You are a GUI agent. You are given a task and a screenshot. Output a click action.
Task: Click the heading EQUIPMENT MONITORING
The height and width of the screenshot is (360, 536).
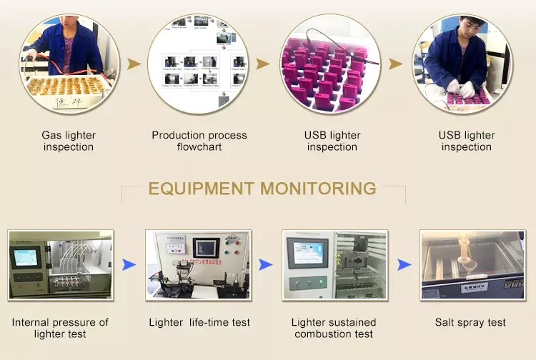[x=262, y=189]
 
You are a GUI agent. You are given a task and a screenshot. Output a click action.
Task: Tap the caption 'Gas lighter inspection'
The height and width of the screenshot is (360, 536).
[x=69, y=141]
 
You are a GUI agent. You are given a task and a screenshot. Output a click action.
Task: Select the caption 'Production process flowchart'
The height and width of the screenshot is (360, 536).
[x=199, y=141]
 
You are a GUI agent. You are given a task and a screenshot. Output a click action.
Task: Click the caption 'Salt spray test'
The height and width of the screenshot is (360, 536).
[x=470, y=322]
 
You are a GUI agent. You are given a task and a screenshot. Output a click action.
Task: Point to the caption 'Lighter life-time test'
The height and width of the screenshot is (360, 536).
[x=199, y=322]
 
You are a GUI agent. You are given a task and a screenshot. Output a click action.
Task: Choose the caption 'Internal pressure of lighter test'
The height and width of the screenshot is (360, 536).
[x=60, y=328]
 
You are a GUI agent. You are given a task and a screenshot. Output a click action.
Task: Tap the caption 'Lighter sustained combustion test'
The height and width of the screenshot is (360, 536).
[x=334, y=328]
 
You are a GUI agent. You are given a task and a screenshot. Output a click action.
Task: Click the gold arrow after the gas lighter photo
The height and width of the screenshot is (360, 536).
[x=134, y=64]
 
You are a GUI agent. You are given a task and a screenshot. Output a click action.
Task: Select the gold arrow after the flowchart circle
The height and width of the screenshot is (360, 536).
[x=263, y=64]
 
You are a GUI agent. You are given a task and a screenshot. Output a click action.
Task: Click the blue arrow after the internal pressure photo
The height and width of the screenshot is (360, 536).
[x=129, y=265]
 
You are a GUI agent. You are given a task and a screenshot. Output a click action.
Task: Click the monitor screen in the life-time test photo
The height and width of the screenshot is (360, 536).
[x=206, y=247]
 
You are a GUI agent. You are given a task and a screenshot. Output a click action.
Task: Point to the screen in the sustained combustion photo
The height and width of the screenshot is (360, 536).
[x=308, y=251]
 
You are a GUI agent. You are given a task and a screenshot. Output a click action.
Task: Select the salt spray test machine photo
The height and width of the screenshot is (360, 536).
[x=470, y=265]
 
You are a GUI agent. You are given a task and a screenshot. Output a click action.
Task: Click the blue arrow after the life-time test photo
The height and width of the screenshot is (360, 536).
[x=265, y=265]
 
